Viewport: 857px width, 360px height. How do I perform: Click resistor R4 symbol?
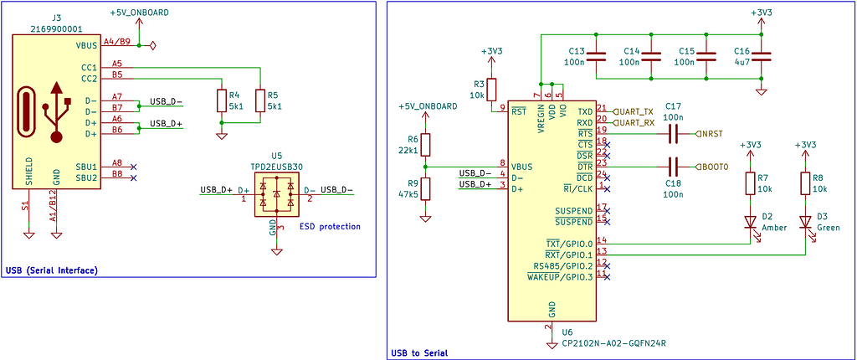click(221, 100)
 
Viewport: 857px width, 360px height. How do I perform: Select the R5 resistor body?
click(259, 100)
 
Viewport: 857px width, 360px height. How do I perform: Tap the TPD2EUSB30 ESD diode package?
click(276, 194)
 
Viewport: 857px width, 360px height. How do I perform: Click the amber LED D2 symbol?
click(751, 222)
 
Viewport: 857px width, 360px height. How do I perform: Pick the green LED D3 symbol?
click(805, 222)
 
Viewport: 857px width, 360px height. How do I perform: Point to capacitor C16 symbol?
click(760, 56)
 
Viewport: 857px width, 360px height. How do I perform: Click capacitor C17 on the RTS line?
click(673, 133)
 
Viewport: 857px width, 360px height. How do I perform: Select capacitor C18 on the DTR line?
click(673, 167)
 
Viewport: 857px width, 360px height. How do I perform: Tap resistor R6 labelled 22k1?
click(425, 145)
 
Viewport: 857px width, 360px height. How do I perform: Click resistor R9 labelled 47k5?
click(425, 188)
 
